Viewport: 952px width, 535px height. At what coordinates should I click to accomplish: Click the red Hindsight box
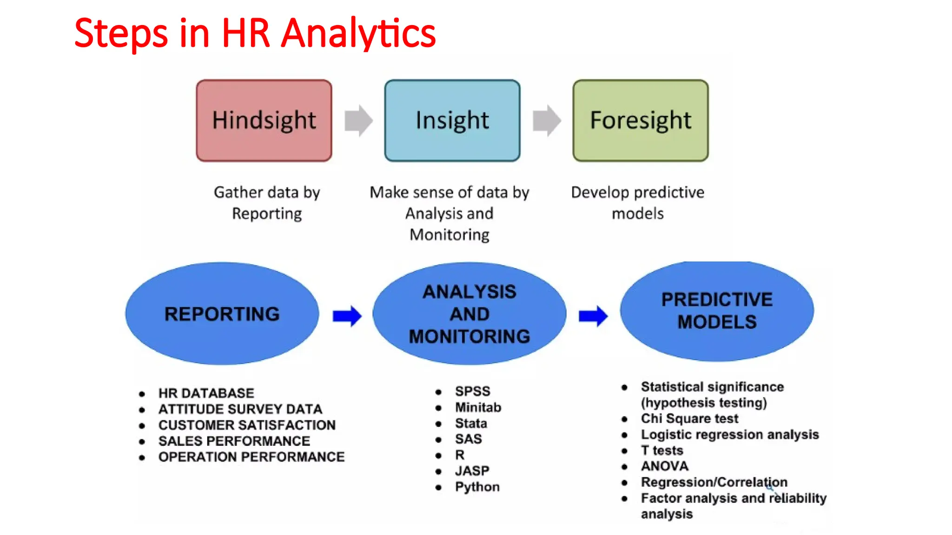[264, 120]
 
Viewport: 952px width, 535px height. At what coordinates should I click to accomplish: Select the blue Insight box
[452, 120]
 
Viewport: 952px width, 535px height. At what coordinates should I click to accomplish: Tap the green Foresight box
[641, 120]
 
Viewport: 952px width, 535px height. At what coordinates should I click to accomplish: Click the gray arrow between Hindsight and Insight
[358, 121]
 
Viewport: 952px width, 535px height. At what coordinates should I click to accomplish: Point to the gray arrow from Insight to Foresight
[547, 121]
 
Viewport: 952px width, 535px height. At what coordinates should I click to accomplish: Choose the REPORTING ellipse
[222, 314]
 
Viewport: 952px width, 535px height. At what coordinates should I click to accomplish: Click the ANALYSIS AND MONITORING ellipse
[469, 314]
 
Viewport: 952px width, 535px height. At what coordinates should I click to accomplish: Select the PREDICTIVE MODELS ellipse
[717, 311]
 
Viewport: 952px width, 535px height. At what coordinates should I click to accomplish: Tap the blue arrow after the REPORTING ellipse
[347, 316]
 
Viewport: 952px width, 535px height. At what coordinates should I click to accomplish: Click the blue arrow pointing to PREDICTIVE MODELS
[593, 316]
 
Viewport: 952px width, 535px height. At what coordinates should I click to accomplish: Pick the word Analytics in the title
[359, 33]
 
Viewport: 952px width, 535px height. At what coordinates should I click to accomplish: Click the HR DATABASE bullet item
[206, 393]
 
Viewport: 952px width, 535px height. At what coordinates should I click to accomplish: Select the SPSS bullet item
[473, 391]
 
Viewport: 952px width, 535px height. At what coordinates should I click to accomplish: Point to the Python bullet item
[477, 487]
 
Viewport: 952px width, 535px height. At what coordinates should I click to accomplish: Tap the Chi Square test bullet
[689, 418]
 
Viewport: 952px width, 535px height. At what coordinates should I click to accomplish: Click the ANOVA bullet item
[665, 466]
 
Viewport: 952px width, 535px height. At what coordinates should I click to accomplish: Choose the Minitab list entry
[478, 407]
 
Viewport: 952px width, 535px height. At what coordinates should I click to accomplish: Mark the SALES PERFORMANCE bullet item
[234, 441]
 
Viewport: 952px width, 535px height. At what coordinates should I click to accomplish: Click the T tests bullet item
[662, 450]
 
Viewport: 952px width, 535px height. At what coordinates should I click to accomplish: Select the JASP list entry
[472, 471]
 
